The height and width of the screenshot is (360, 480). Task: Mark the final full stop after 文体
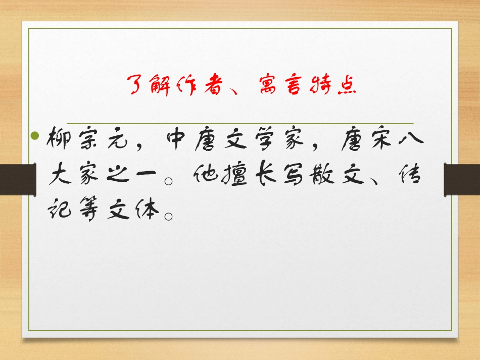(x=170, y=216)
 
